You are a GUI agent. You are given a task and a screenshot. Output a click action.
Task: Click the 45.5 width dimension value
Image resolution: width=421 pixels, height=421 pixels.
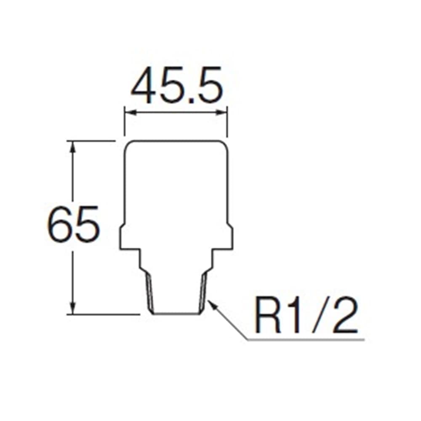click(x=177, y=85)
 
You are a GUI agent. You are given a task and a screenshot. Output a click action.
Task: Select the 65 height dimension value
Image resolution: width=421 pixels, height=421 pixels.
click(x=73, y=224)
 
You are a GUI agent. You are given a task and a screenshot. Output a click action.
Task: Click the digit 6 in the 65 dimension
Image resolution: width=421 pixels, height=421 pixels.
click(x=60, y=224)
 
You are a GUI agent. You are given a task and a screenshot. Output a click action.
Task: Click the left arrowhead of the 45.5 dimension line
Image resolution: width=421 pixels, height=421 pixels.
click(x=130, y=113)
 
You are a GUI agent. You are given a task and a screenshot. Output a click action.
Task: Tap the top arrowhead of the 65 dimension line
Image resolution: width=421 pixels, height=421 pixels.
click(x=72, y=147)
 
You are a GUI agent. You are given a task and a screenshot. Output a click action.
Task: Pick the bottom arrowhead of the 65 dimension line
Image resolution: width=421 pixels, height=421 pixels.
click(x=72, y=308)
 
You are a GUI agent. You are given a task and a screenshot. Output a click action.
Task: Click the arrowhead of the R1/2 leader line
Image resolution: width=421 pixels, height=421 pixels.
click(x=213, y=305)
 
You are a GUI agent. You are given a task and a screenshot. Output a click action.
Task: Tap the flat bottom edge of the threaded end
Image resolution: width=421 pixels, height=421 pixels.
click(x=176, y=314)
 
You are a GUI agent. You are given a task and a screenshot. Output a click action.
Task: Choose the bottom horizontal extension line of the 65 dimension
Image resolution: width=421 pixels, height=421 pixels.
click(x=104, y=314)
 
